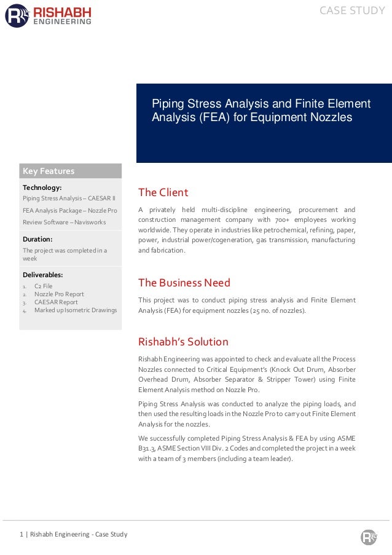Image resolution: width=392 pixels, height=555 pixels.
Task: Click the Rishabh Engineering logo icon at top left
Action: pos(17,15)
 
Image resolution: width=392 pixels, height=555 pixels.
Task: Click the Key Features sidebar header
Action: pos(49,171)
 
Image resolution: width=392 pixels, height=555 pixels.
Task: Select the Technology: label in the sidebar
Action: pos(42,187)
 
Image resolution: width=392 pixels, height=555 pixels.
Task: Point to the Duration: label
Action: pos(37,238)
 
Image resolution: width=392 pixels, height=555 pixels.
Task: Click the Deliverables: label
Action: pos(43,275)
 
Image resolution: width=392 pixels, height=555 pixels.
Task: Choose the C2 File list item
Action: pos(43,286)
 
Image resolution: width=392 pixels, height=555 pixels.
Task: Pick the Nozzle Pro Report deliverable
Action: pos(59,294)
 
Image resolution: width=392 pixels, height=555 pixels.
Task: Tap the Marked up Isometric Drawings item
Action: pos(76,310)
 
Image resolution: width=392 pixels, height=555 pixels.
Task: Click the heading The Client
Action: pos(163,192)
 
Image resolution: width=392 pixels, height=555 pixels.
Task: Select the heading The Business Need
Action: pos(184,283)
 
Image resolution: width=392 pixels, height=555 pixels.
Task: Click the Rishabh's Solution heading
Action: pos(183,342)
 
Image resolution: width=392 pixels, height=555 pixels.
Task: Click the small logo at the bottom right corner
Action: pos(368,537)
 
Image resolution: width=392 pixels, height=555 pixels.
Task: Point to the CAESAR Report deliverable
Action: pos(56,302)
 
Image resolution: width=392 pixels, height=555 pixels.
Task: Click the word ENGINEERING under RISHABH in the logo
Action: pos(62,21)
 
